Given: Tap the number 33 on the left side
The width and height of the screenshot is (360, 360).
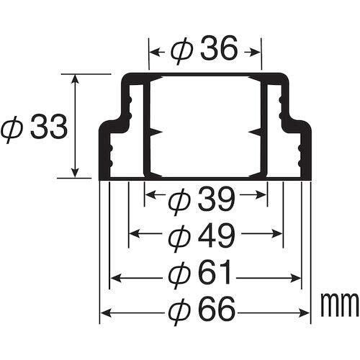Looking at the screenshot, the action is point(49,127).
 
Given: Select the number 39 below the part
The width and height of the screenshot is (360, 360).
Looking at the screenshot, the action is point(216,199).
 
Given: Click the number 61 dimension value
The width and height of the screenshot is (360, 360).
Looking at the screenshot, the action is point(215,274).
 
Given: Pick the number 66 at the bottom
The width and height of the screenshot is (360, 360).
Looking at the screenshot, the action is point(217,312).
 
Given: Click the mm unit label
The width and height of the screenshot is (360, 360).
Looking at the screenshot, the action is point(340,305).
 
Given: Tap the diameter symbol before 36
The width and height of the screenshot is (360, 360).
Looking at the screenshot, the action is point(181,51).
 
